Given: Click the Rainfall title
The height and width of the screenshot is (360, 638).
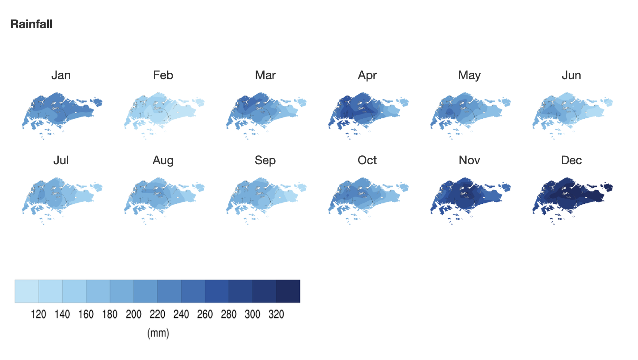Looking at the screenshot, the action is pyautogui.click(x=31, y=24).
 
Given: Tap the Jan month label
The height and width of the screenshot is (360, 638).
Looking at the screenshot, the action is pyautogui.click(x=61, y=75).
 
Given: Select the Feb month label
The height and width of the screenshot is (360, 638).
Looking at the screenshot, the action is pyautogui.click(x=163, y=75).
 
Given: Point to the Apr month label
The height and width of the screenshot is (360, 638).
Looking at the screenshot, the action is pyautogui.click(x=367, y=76).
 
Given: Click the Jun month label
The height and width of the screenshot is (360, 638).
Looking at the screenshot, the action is pyautogui.click(x=571, y=75).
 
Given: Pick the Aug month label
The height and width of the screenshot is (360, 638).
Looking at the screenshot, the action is pyautogui.click(x=163, y=161).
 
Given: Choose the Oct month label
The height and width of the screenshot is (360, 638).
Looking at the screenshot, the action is pyautogui.click(x=367, y=160).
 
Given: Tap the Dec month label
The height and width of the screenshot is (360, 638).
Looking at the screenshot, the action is pyautogui.click(x=571, y=160).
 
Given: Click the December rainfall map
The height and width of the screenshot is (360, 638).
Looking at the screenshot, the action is pyautogui.click(x=570, y=197).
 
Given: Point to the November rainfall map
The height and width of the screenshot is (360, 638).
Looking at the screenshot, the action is pyautogui.click(x=467, y=197).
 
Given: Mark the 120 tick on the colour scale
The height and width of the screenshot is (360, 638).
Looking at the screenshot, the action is pyautogui.click(x=38, y=314).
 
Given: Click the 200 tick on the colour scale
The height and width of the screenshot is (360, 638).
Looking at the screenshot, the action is pyautogui.click(x=134, y=314).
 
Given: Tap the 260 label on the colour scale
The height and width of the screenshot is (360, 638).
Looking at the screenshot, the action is pyautogui.click(x=205, y=314).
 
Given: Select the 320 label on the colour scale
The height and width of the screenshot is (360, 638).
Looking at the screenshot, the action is pyautogui.click(x=276, y=314).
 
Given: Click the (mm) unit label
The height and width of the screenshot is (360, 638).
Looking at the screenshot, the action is pyautogui.click(x=158, y=333).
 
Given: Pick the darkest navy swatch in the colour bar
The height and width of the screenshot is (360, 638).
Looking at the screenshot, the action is pyautogui.click(x=288, y=291).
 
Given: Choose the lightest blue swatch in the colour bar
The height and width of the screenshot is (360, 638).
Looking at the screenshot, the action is pyautogui.click(x=27, y=291).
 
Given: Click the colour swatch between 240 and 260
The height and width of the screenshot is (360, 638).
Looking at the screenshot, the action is pyautogui.click(x=193, y=291).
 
